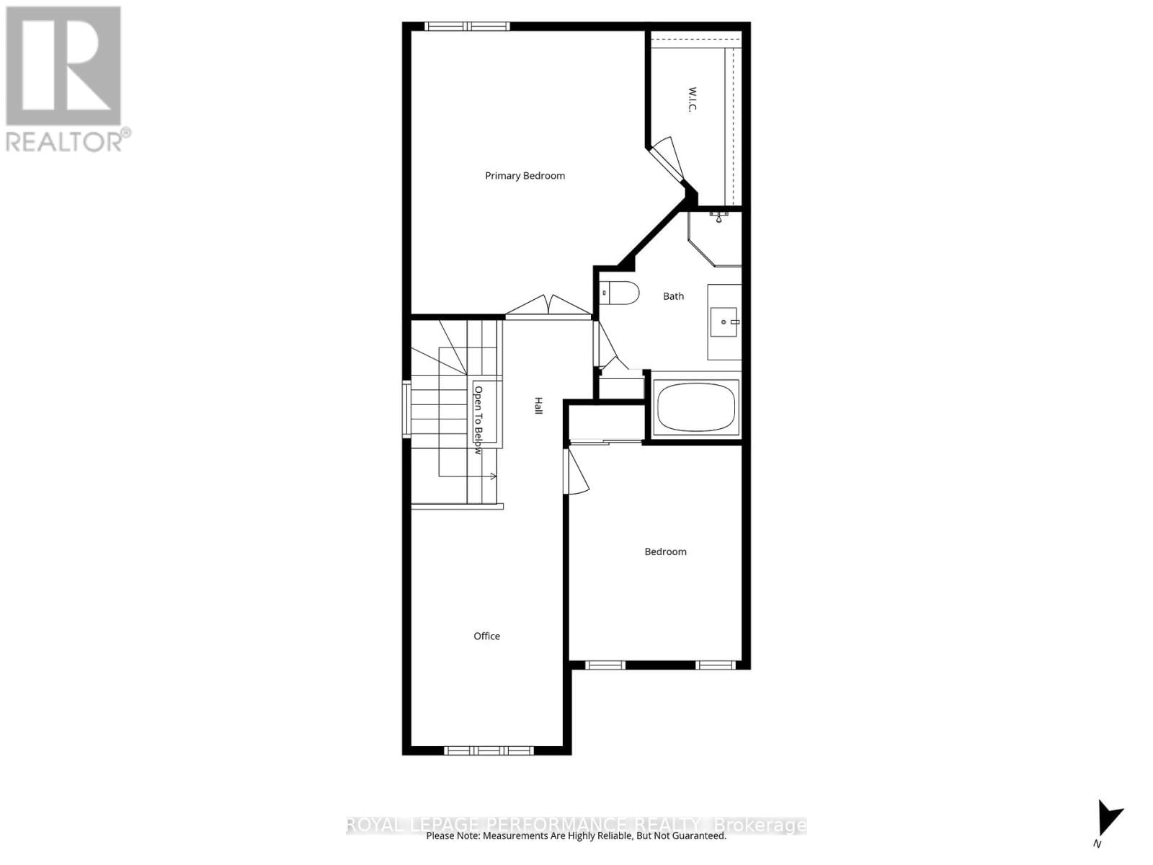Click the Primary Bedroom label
point(525,176)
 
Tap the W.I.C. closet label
point(692,99)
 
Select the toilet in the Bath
point(621,292)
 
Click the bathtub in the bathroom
point(695,407)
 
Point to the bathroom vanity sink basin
point(724,322)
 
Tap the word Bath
point(673,296)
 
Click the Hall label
point(538,405)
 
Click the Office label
point(486,636)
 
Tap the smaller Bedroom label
point(665,551)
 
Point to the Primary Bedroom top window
point(468,27)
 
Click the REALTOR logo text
point(67,141)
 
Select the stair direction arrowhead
point(494,476)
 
